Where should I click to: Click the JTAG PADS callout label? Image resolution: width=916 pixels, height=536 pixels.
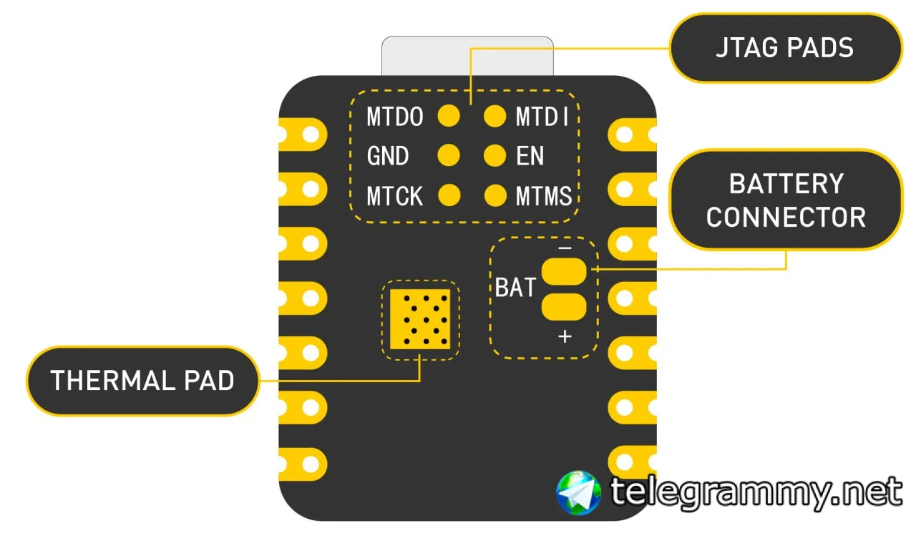click(x=785, y=48)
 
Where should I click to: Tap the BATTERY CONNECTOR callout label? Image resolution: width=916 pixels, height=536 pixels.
click(x=785, y=200)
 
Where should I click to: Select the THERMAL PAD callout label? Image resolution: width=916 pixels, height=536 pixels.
click(x=142, y=381)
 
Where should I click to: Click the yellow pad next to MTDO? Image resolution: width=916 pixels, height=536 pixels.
click(x=449, y=116)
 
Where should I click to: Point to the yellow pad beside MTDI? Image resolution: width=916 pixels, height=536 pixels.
click(x=494, y=116)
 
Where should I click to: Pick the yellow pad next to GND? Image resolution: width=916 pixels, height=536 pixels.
click(x=449, y=155)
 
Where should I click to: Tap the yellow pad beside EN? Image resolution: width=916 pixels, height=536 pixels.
click(x=494, y=155)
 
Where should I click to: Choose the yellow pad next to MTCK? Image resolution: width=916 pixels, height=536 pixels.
click(x=449, y=195)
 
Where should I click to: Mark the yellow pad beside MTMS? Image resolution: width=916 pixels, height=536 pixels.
click(x=494, y=195)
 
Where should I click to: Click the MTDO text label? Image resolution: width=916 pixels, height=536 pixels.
click(x=394, y=117)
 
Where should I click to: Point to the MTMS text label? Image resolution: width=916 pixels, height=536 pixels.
click(x=544, y=195)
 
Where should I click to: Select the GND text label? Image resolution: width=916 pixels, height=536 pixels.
click(x=388, y=156)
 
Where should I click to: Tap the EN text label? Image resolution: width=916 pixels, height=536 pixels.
click(x=530, y=156)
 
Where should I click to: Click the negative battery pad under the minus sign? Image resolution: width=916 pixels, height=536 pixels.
click(x=564, y=271)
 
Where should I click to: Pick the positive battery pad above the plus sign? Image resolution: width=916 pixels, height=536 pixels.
click(x=564, y=307)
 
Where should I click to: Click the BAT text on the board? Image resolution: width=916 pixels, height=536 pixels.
click(x=515, y=288)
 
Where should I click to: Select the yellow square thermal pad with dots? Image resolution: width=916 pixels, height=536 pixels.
click(x=420, y=320)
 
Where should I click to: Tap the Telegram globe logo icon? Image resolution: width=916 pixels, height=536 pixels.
click(x=579, y=492)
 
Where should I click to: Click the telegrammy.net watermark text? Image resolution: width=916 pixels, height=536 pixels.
click(x=756, y=492)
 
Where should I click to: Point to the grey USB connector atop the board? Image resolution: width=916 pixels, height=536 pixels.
click(x=467, y=57)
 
